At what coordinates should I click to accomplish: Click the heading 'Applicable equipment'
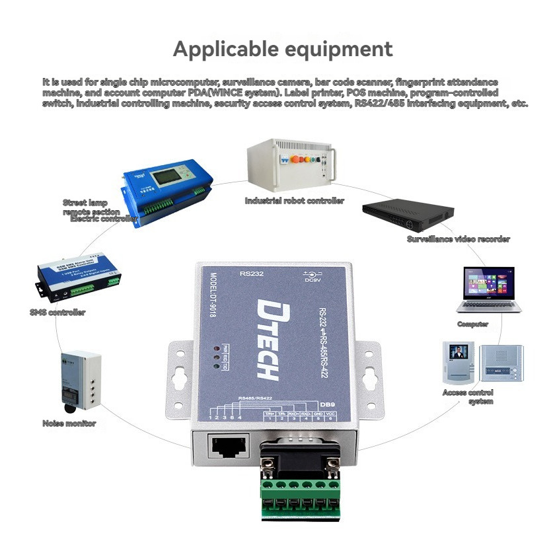[283, 49]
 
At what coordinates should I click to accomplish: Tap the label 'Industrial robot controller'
[294, 200]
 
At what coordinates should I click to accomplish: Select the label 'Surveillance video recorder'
[458, 239]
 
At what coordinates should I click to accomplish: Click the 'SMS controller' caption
[57, 312]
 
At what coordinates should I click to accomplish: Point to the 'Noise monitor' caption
[69, 423]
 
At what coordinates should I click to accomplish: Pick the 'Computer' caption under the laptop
[472, 324]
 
